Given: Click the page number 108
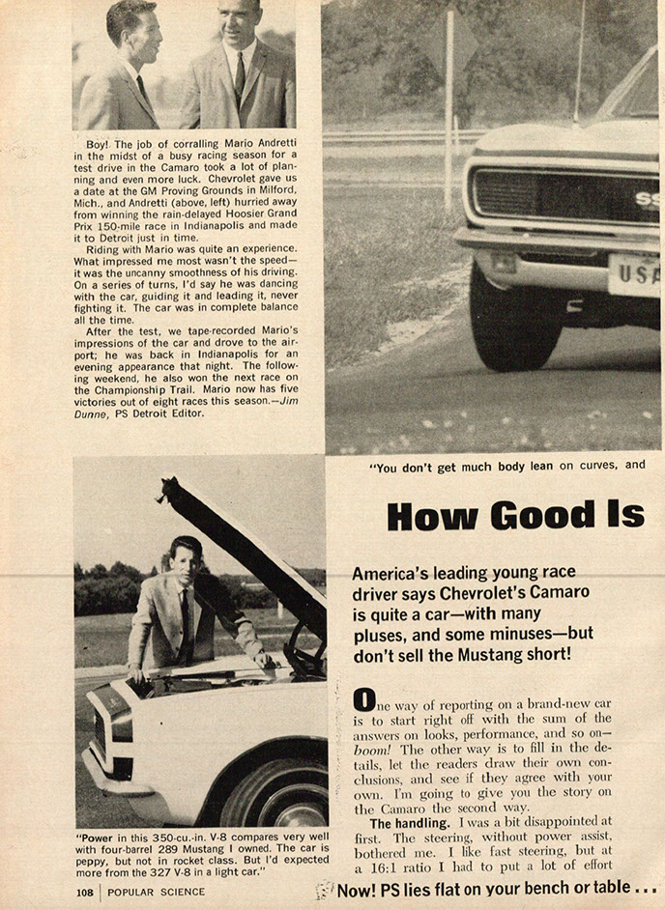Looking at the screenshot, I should (85, 893).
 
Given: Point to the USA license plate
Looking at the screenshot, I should (636, 273).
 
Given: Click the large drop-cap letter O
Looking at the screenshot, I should (362, 698).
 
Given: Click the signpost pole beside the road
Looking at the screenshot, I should (449, 106).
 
